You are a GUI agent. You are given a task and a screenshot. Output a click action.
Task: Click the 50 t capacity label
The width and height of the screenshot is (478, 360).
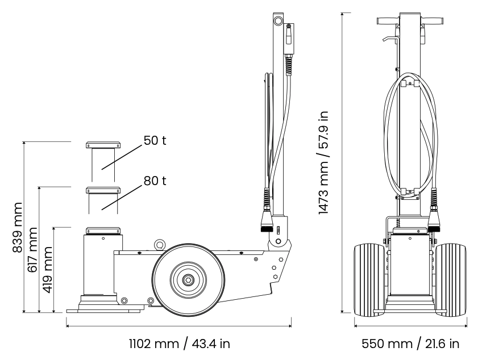click(x=155, y=140)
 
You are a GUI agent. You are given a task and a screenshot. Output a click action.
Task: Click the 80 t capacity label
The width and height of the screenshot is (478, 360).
click(x=155, y=181)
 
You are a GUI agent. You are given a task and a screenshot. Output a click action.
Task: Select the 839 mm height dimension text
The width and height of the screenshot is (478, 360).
click(x=18, y=227)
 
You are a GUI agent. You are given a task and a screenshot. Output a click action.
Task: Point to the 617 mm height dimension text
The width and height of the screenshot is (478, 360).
click(x=32, y=249)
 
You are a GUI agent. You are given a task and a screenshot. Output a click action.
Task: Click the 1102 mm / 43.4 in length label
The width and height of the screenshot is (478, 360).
click(x=179, y=344)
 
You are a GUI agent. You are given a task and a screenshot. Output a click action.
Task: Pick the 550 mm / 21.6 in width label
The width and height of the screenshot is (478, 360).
click(x=410, y=344)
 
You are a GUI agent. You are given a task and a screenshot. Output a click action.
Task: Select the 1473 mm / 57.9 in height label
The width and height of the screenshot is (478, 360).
click(x=323, y=162)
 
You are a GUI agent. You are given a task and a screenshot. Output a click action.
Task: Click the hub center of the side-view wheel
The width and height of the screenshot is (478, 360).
click(x=188, y=279)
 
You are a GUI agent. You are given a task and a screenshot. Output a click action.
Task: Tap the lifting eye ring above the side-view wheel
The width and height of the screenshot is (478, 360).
click(x=159, y=244)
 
